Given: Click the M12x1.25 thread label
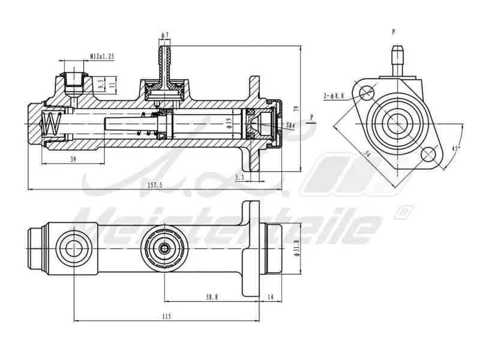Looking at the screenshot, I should pyautogui.click(x=102, y=56).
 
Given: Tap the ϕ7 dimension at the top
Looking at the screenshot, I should pyautogui.click(x=164, y=35).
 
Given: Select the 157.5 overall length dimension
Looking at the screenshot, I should pyautogui.click(x=155, y=185).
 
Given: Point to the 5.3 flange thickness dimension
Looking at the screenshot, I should pyautogui.click(x=240, y=177).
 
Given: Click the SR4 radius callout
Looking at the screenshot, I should pyautogui.click(x=290, y=125).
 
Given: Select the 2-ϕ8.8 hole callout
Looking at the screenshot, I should pyautogui.click(x=334, y=95).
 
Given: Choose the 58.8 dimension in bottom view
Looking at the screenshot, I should pyautogui.click(x=212, y=296).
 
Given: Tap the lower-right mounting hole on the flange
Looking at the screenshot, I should pyautogui.click(x=428, y=154).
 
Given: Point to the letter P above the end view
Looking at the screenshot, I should pyautogui.click(x=394, y=31).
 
